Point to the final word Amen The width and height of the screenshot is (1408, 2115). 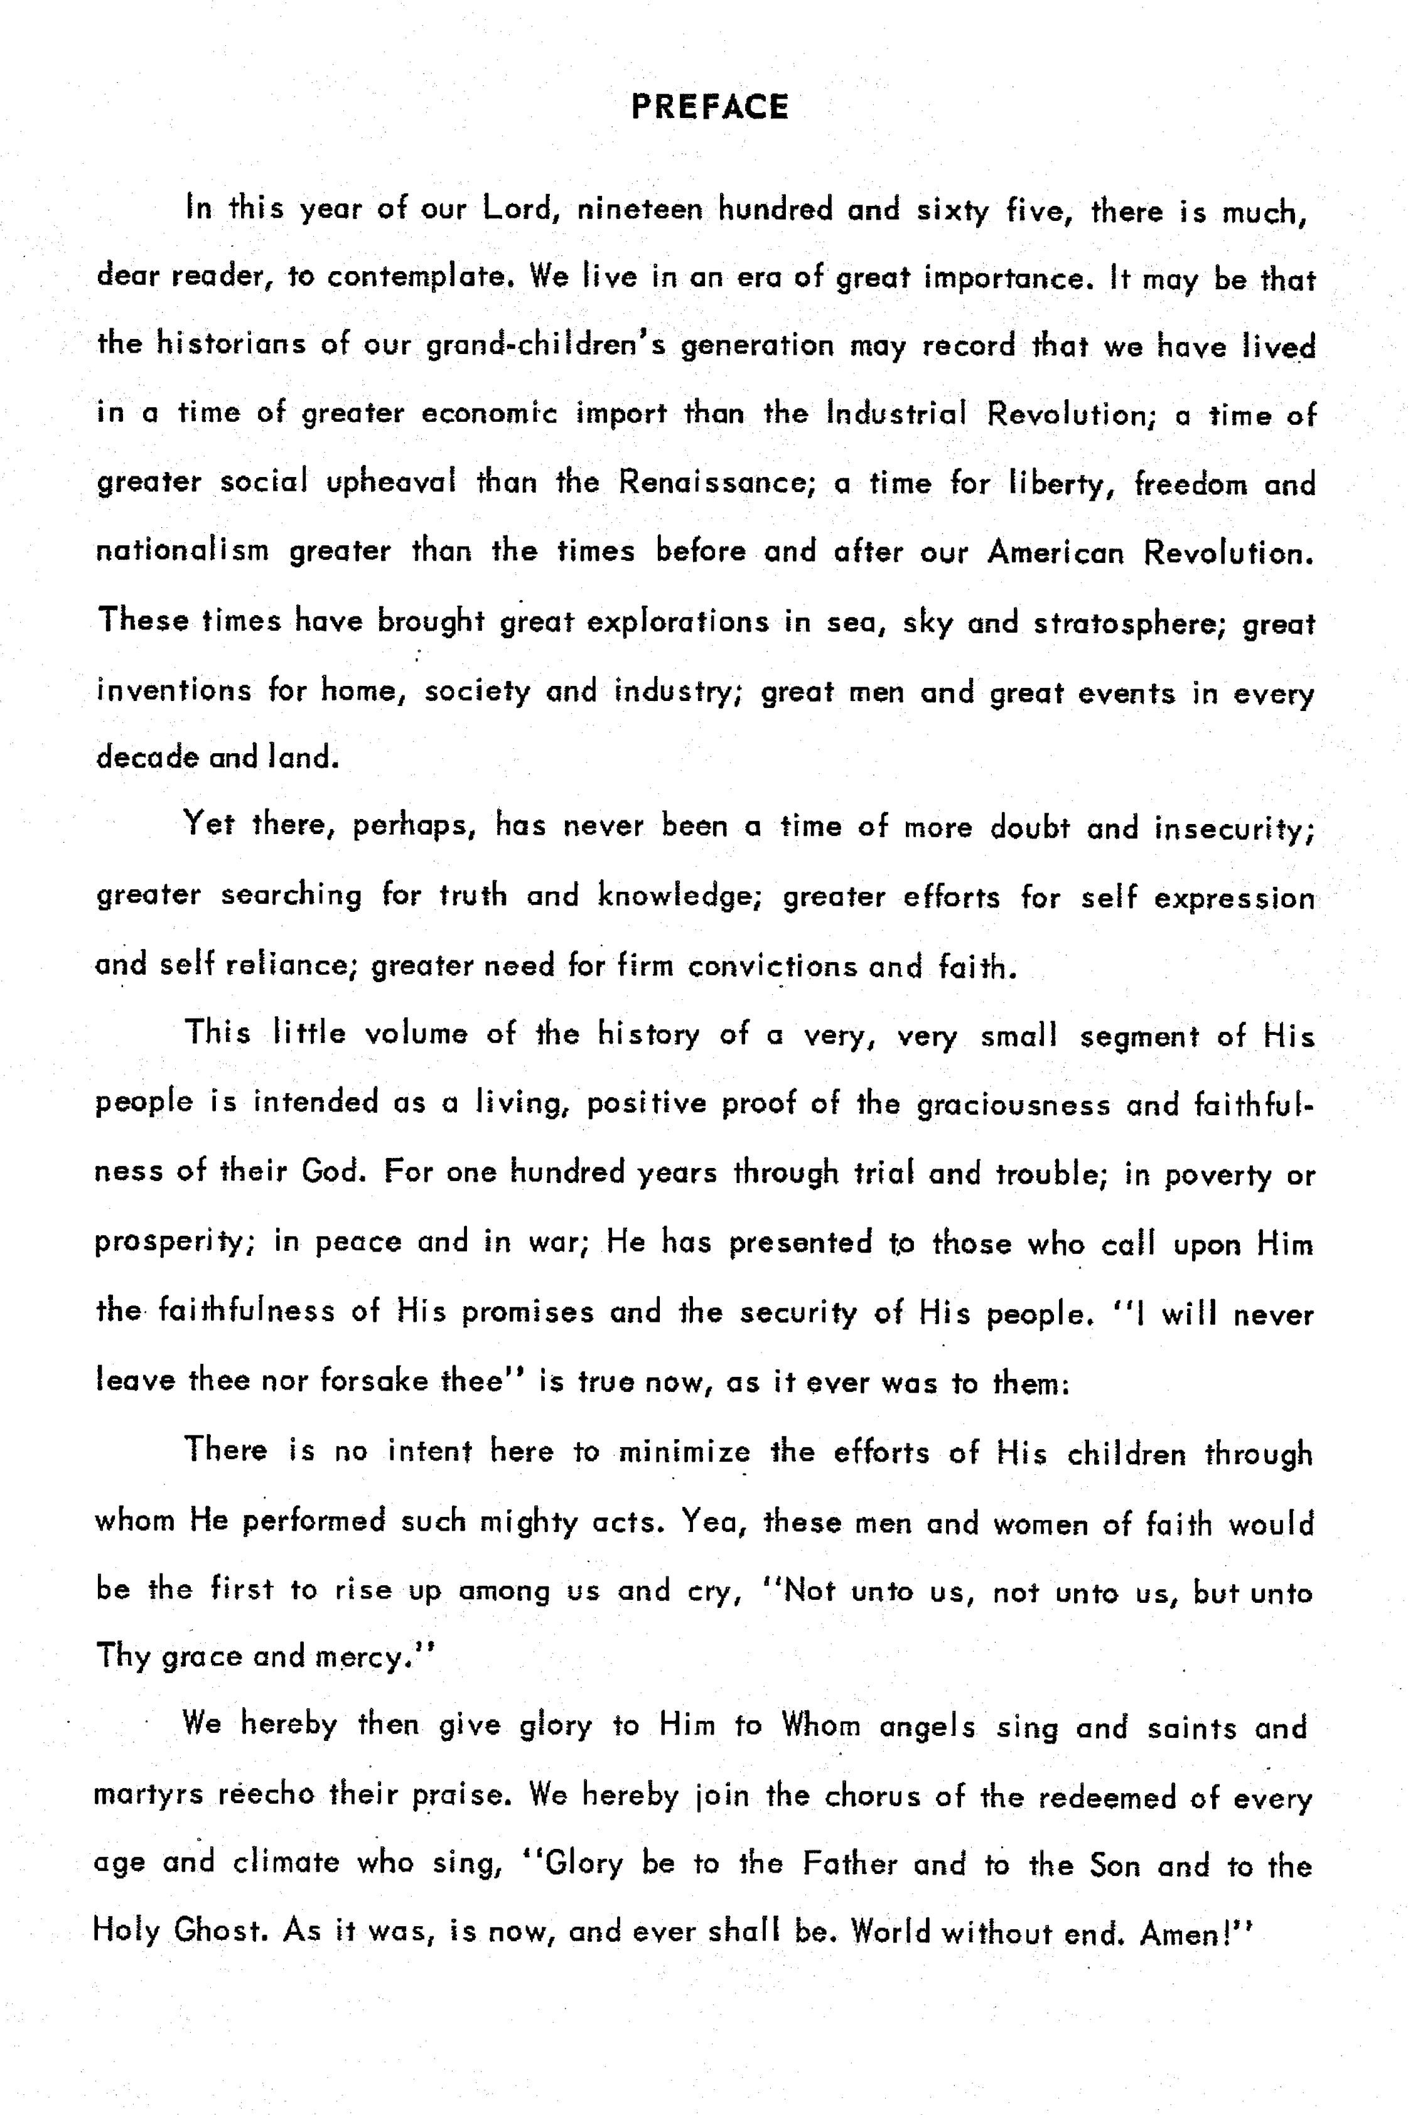pos(1183,1932)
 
